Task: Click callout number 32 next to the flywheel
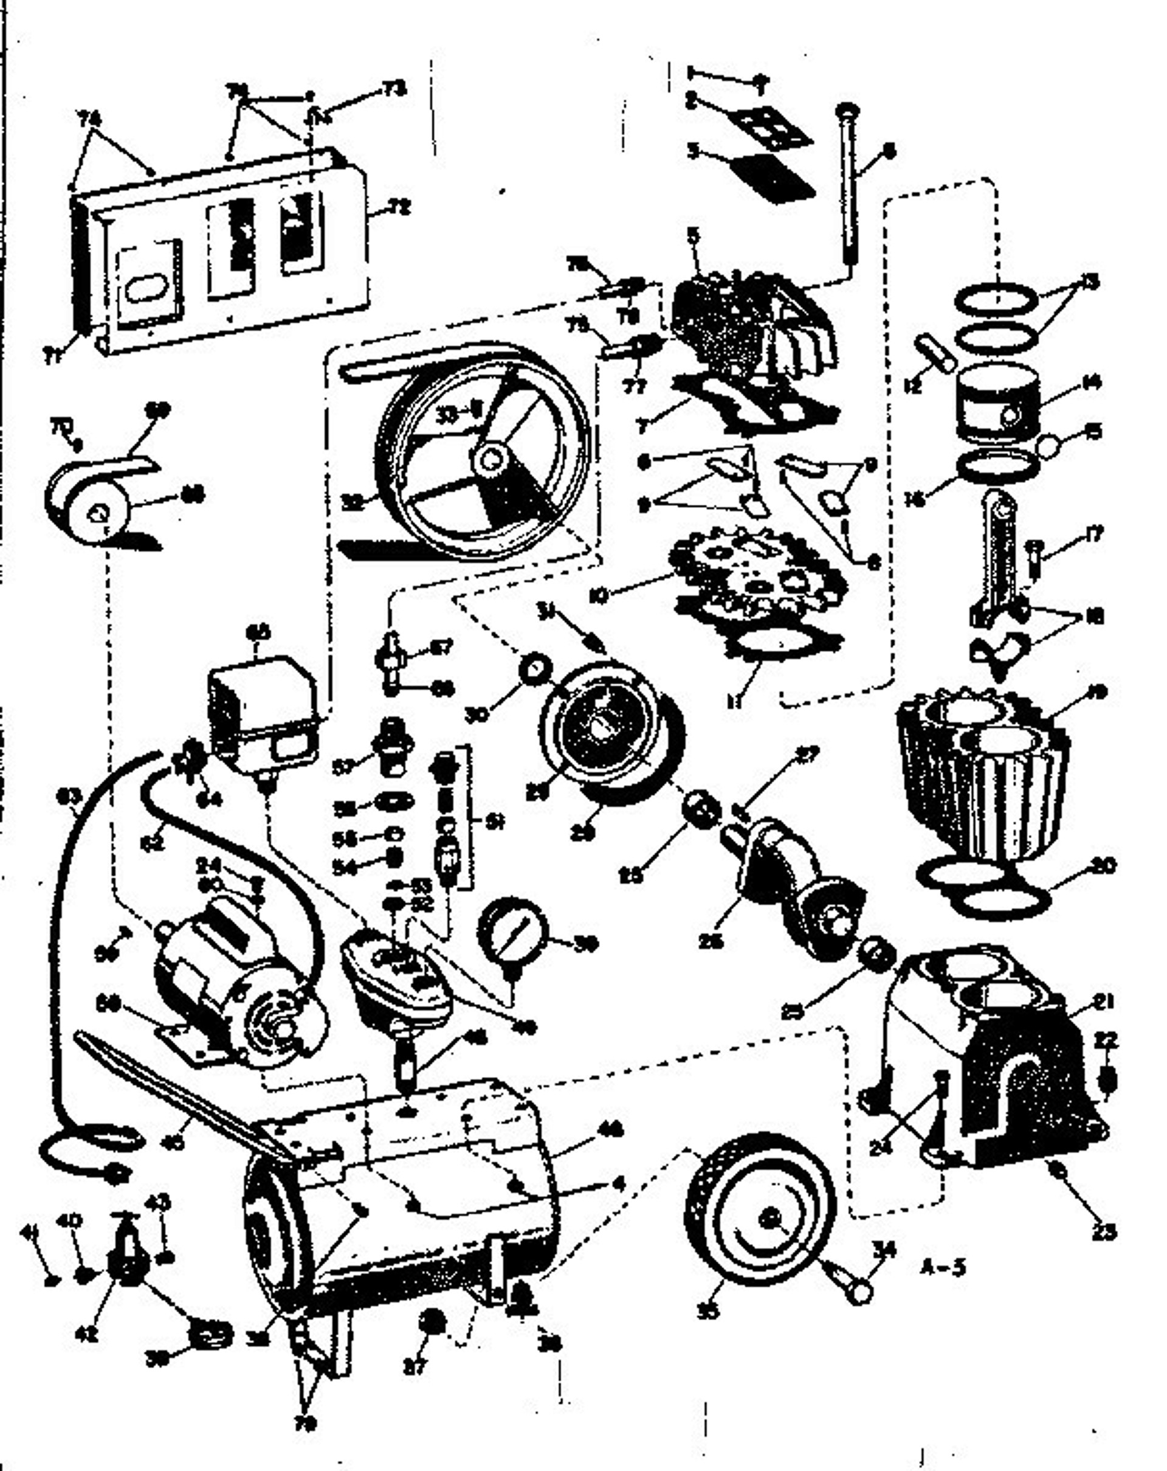point(353,503)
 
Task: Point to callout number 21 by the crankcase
point(1101,1002)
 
